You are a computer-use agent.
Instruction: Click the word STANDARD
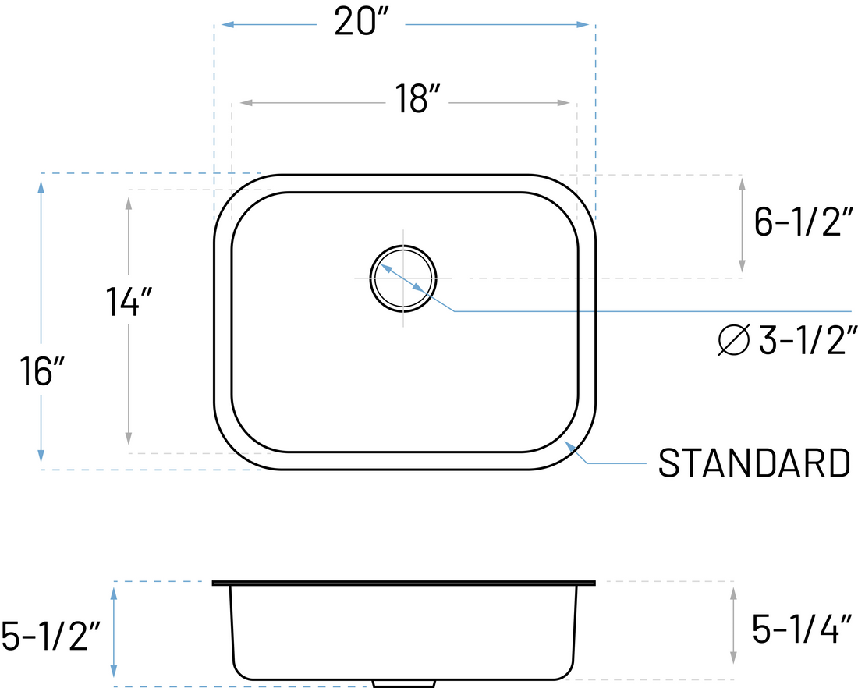(x=753, y=463)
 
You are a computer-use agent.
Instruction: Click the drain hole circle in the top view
(x=403, y=278)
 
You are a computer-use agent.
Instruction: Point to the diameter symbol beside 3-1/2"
(x=734, y=340)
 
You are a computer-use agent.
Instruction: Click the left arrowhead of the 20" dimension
(x=227, y=25)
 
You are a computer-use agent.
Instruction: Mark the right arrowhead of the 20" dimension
(x=583, y=25)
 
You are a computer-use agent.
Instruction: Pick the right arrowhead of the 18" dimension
(x=564, y=103)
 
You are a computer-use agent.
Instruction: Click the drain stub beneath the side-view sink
(x=402, y=684)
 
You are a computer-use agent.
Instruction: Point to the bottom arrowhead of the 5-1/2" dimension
(x=115, y=671)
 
